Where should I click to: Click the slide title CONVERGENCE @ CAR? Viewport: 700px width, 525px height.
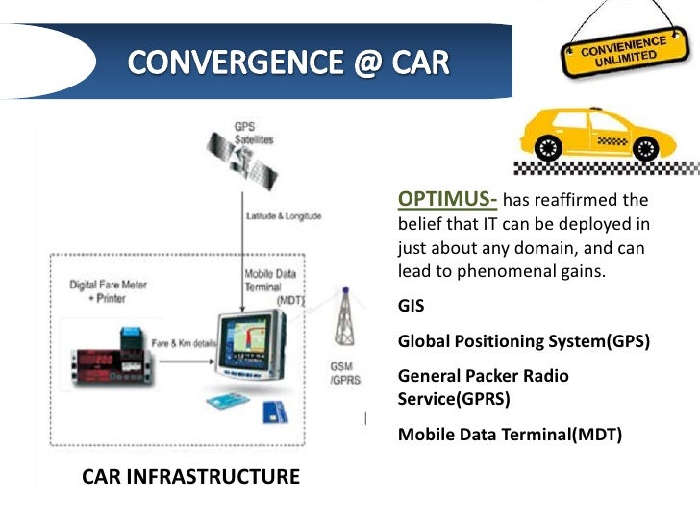(x=287, y=64)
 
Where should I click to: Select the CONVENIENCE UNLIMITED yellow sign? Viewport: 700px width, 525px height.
(x=615, y=52)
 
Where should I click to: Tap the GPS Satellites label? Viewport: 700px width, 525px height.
(x=253, y=134)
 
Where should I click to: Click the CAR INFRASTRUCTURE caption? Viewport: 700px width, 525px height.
(x=190, y=476)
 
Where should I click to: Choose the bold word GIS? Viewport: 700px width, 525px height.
(x=411, y=308)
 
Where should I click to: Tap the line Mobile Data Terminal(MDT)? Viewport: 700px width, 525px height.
(x=510, y=435)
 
